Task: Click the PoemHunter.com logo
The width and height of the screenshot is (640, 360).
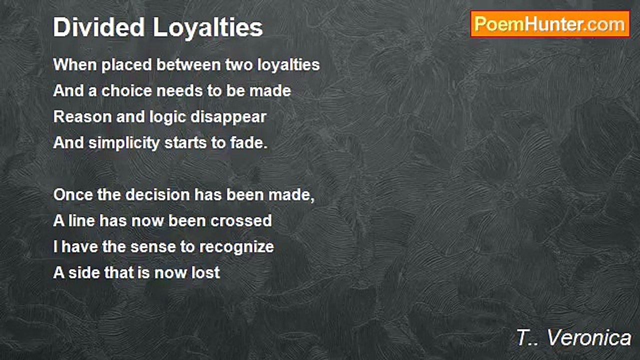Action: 550,24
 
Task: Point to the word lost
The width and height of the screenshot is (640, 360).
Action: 207,273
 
